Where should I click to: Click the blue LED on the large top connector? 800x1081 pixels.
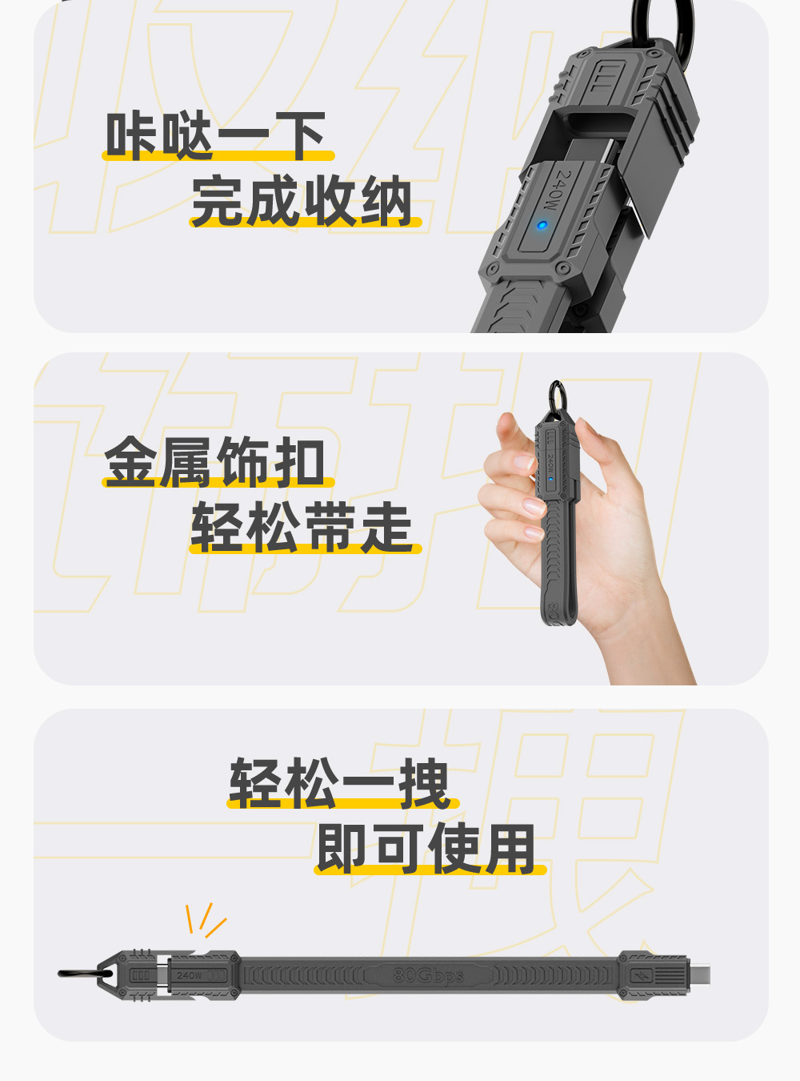pos(541,225)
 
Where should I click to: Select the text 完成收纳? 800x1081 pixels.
pos(302,200)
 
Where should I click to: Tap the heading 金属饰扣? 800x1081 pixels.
pos(214,461)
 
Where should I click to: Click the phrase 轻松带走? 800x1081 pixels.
pos(302,527)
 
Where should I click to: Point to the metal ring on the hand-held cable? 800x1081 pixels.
pos(558,396)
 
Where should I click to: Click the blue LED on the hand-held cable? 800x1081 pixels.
pos(550,479)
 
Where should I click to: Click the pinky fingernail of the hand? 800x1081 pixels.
pos(534,532)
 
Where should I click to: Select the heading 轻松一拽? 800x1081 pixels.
pos(340,784)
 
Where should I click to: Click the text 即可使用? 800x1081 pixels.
pos(426,850)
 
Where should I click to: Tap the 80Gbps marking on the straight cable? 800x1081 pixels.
pos(428,975)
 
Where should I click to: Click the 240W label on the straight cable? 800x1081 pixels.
pos(189,975)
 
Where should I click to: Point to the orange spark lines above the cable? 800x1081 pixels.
pos(205,920)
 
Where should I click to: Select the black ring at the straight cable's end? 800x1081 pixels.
pos(86,974)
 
